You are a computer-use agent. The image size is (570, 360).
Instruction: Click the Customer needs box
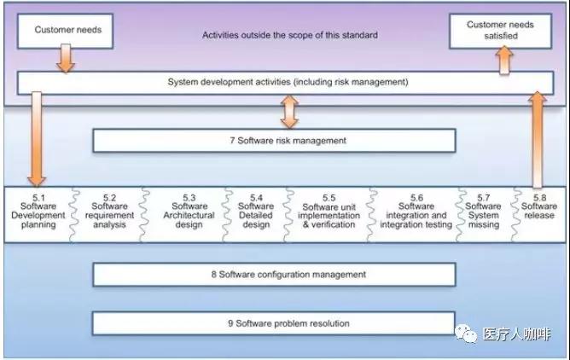pos(67,31)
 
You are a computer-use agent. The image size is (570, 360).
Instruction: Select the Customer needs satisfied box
pos(498,31)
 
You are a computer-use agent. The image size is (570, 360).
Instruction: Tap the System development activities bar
pos(288,83)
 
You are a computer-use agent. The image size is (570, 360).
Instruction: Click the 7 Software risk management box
pos(273,140)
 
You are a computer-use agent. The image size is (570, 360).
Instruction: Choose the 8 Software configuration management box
pos(273,275)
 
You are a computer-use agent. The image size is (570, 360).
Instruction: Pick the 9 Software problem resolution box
pos(273,323)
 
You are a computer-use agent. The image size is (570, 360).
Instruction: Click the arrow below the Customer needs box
pos(67,59)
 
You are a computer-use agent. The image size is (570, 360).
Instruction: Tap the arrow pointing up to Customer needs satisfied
pos(505,59)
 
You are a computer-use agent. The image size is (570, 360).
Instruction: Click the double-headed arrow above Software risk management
pos(289,112)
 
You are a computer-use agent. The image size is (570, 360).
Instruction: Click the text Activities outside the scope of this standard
pos(289,36)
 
